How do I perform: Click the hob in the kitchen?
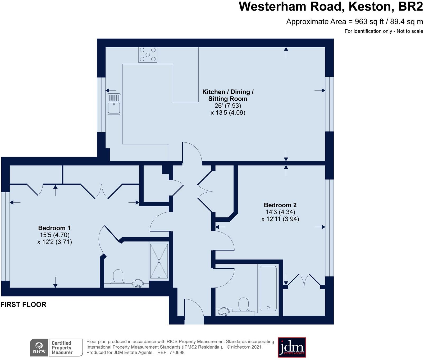[x=148, y=55]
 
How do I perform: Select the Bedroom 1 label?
[x=54, y=228]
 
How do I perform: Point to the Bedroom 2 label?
[x=280, y=205]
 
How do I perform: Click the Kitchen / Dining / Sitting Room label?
[x=228, y=95]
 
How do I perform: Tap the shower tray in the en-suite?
[x=159, y=261]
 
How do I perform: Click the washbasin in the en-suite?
[x=138, y=284]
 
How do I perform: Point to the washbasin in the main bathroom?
[x=224, y=312]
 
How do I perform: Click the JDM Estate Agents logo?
[x=292, y=347]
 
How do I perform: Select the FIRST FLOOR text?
[x=23, y=305]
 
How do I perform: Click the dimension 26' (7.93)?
[x=228, y=106]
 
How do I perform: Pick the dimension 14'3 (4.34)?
[x=280, y=212]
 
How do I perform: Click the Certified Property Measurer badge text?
[x=62, y=348]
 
